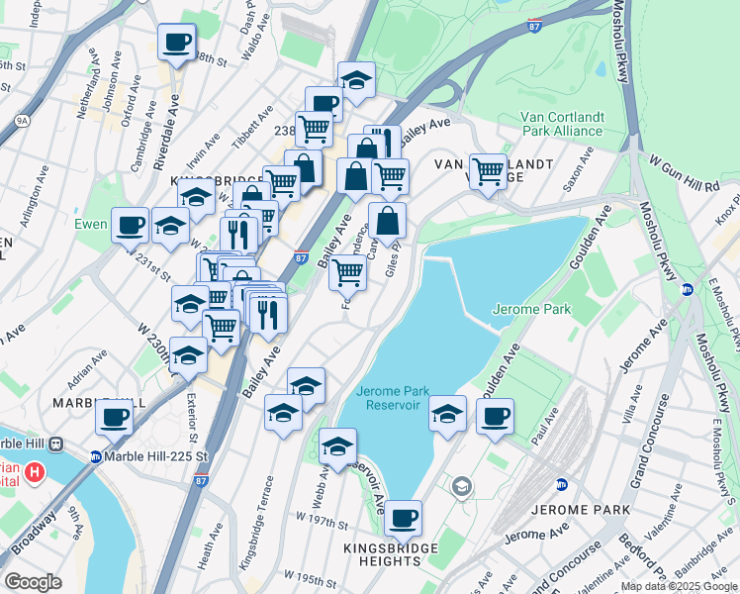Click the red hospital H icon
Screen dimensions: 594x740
pyautogui.click(x=35, y=472)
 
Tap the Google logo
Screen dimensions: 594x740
pyautogui.click(x=33, y=581)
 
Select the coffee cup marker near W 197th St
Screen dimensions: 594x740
pyautogui.click(x=403, y=517)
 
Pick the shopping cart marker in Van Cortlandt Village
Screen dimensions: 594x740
pyautogui.click(x=488, y=170)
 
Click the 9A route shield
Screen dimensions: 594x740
pyautogui.click(x=22, y=121)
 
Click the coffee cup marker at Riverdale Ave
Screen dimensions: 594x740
pyautogui.click(x=177, y=42)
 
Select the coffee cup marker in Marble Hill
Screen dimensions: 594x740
pyautogui.click(x=115, y=417)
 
